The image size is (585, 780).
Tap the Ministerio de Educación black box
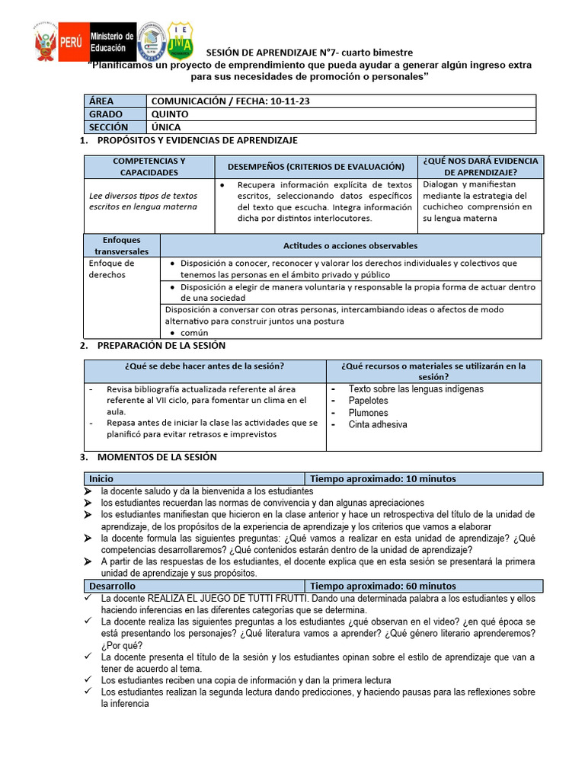coord(112,43)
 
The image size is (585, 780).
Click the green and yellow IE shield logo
coord(180,40)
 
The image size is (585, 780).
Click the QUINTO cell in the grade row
coord(171,114)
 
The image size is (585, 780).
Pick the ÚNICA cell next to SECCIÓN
coord(167,127)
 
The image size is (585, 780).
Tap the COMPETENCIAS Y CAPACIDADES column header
coord(149,166)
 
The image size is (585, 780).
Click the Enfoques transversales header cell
coord(122,245)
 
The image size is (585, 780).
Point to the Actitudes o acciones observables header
coord(350,245)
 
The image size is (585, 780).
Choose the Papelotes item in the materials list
coord(368,401)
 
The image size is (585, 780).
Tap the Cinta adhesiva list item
coord(377,424)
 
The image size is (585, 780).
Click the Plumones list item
coord(368,413)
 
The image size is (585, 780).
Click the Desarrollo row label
coord(113,586)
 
